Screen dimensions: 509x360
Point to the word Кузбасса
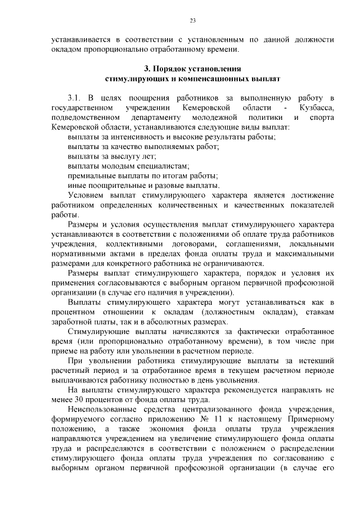click(x=317, y=107)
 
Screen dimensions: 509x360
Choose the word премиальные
click(x=92, y=175)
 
